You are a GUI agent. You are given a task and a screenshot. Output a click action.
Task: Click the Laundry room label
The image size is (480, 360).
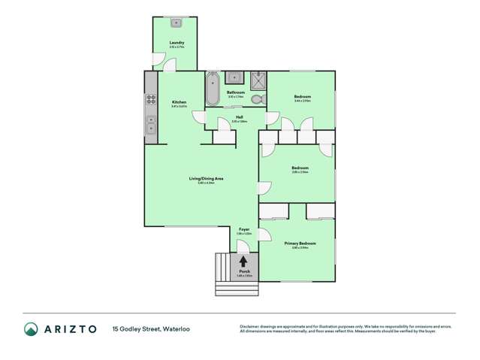(177, 43)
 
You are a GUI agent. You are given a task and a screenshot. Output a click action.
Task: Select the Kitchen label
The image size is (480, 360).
(179, 102)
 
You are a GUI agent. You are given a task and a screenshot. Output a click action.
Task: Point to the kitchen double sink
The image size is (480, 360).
(151, 125)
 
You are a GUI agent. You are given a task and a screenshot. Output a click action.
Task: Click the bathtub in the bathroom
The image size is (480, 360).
(212, 89)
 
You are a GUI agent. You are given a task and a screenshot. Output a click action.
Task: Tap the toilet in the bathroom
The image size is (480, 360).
(257, 98)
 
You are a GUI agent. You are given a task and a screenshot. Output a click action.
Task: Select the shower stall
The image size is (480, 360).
(258, 79)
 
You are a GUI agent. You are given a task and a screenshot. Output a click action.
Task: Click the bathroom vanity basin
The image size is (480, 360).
(234, 76)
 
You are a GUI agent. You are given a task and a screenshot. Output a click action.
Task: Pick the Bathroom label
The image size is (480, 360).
(236, 92)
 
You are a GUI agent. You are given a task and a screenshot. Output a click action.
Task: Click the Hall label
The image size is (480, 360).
(239, 116)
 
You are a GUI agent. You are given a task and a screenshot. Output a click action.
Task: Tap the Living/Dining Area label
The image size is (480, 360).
(206, 178)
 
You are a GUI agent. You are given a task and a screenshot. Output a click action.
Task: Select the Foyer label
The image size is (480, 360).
(244, 228)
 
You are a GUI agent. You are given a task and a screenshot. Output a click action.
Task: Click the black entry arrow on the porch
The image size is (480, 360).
(243, 261)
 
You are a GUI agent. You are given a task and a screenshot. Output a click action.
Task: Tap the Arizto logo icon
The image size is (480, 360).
(31, 328)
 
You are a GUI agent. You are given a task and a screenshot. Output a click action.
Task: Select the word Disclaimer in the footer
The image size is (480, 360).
(249, 325)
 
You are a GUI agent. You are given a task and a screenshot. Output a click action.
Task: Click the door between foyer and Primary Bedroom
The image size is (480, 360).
(263, 231)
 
